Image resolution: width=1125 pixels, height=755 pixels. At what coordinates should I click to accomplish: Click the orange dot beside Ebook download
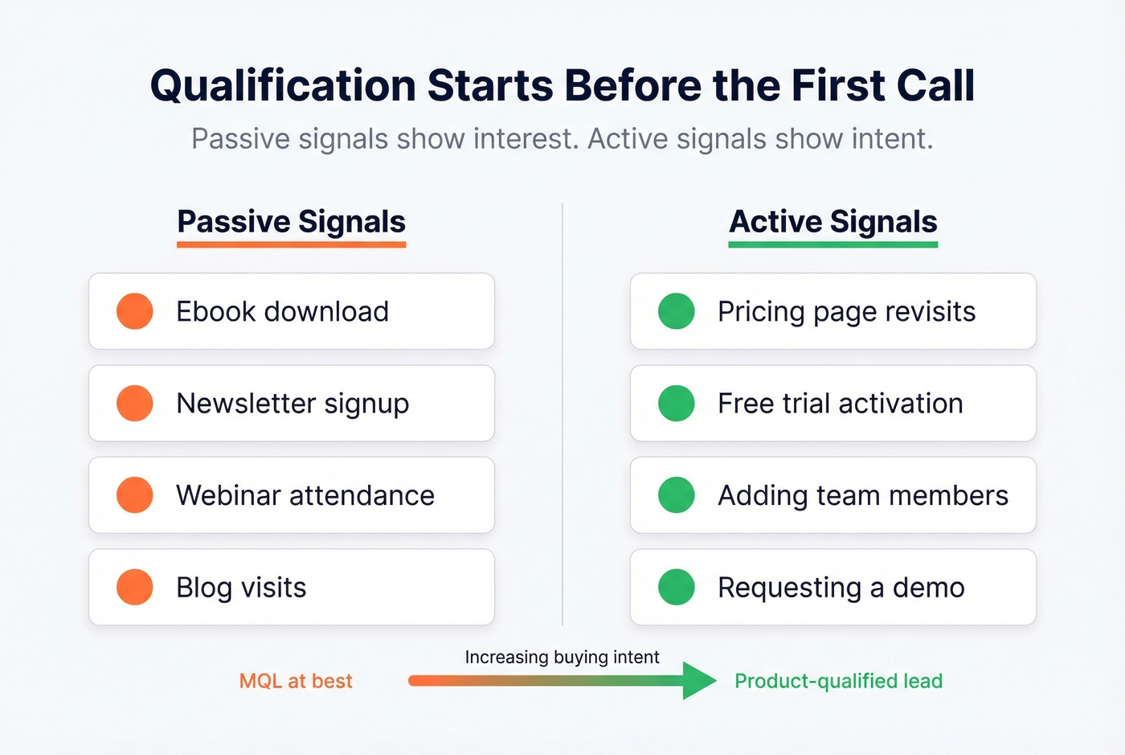point(135,311)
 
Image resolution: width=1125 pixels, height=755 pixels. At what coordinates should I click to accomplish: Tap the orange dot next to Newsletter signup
point(135,404)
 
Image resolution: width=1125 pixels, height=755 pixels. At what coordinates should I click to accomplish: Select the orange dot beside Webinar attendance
point(135,495)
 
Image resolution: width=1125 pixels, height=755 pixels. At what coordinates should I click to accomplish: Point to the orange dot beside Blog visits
point(135,587)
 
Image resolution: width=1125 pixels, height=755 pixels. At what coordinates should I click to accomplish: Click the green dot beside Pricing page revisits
point(677,311)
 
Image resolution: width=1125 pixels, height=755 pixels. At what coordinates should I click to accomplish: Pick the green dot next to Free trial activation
point(677,404)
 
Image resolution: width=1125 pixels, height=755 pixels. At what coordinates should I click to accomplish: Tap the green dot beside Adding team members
point(677,495)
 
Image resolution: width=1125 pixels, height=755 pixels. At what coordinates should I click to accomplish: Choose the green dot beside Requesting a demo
point(677,587)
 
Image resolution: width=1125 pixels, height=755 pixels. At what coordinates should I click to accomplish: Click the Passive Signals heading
point(292,221)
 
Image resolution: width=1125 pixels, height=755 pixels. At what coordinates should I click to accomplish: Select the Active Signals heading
point(833,221)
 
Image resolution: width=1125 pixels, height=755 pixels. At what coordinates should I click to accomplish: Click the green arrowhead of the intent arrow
point(697,681)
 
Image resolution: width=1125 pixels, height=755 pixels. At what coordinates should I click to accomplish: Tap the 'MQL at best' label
point(296,681)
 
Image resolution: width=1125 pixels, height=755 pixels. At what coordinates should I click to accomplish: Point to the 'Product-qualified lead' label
point(838,681)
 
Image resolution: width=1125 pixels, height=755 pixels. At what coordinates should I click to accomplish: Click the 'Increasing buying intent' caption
point(562,657)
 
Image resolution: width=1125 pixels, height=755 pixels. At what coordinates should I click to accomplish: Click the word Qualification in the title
point(282,86)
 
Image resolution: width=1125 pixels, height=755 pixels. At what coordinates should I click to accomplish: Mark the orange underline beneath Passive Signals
point(292,244)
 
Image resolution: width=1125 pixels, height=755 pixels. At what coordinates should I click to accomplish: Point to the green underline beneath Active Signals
point(833,244)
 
